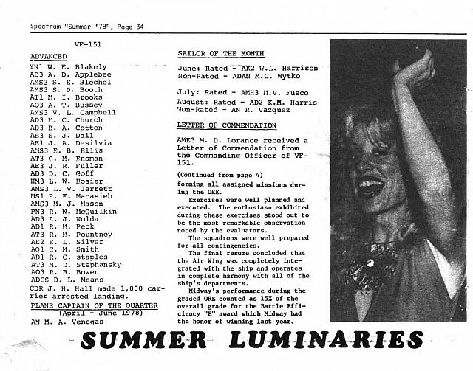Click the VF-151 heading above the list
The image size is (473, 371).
(x=88, y=46)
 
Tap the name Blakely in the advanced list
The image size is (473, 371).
(x=89, y=66)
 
